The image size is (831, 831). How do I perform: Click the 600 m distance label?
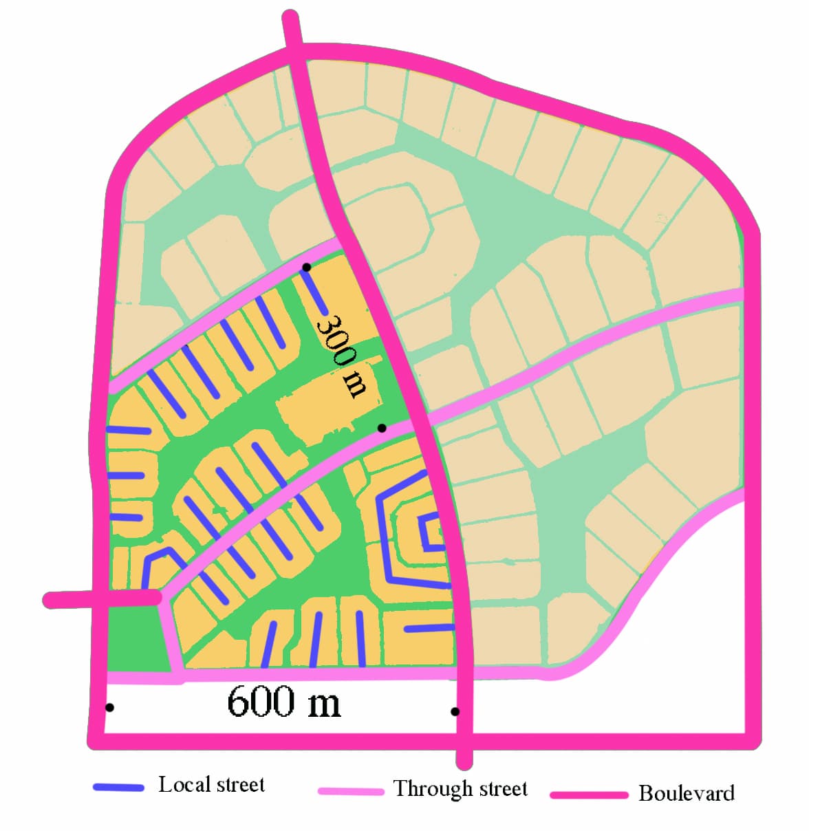click(x=283, y=702)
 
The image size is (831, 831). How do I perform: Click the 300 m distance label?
click(x=342, y=356)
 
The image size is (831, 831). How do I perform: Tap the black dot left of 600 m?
click(x=109, y=707)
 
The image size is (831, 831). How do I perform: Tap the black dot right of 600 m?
click(x=455, y=711)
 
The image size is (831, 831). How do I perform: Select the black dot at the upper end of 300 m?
click(x=307, y=267)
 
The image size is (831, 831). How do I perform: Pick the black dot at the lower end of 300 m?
click(x=382, y=428)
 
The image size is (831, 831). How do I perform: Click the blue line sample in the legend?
click(x=118, y=787)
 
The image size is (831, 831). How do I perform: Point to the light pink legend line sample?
click(x=351, y=791)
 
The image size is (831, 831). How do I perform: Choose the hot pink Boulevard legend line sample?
click(x=589, y=795)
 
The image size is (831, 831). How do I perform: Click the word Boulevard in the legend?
click(x=686, y=793)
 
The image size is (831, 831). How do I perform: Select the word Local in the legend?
click(x=181, y=784)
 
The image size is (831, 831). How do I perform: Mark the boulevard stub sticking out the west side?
click(x=69, y=600)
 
